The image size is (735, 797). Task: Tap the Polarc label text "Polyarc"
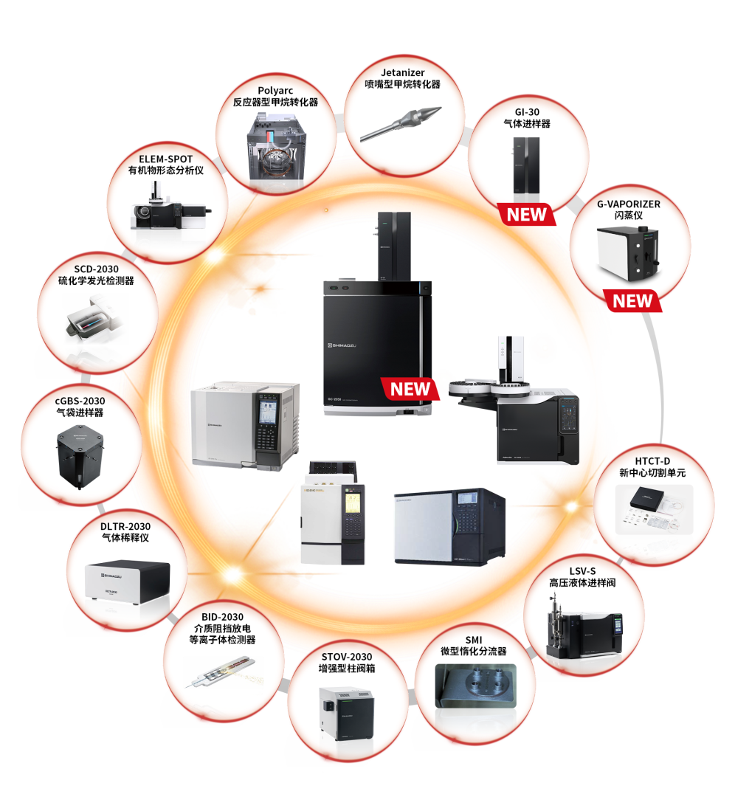pos(275,91)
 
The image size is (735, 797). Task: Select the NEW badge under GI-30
pos(526,215)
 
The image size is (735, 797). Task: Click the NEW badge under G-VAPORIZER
pos(632,301)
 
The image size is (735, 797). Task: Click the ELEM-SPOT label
pos(165,159)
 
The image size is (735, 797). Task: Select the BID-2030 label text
pos(222,617)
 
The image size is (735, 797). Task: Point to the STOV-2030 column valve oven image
pos(345,712)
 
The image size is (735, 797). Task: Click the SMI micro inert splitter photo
pos(475,686)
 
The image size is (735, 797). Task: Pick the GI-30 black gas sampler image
pos(526,166)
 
